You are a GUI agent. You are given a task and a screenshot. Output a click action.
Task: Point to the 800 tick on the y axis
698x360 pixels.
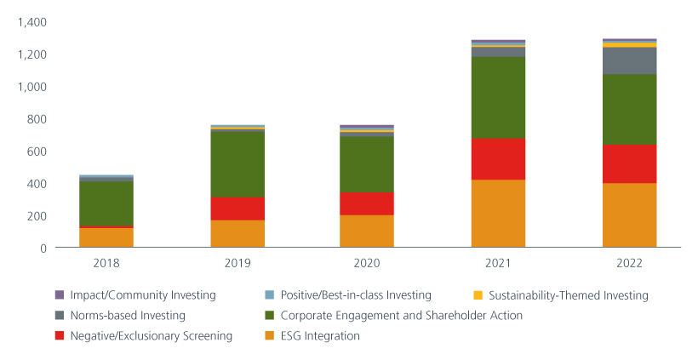37,119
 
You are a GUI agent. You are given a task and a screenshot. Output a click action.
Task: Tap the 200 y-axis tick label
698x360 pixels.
37,216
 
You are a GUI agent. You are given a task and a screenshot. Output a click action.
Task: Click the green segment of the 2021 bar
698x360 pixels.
498,98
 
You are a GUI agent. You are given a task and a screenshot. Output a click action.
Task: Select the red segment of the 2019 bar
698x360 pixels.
237,209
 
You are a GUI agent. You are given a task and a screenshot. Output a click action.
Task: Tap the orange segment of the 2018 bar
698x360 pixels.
106,237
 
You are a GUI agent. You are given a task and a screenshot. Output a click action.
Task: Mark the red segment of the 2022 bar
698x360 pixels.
629,163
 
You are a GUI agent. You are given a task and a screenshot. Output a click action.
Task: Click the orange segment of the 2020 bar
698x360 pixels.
367,231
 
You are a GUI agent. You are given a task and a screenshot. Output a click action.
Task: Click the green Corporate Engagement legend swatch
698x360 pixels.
271,316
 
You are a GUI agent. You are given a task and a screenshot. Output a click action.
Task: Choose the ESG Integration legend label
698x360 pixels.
322,336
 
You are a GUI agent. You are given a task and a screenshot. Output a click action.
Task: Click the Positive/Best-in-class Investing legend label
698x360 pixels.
358,295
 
